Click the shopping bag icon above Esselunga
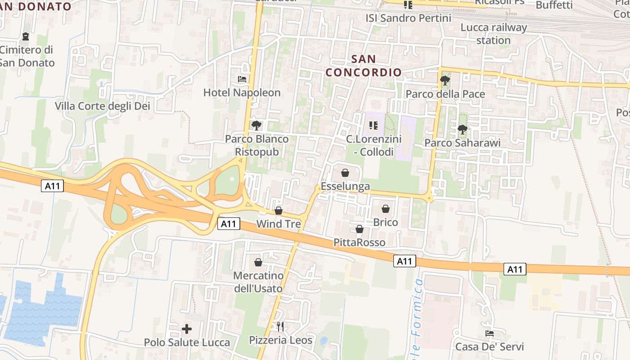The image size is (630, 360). click(x=345, y=173)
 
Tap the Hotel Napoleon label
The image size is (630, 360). click(x=242, y=93)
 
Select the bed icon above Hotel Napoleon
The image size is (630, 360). click(x=242, y=80)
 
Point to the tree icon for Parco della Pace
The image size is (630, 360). click(x=445, y=81)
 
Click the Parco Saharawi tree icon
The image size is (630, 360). click(x=462, y=130)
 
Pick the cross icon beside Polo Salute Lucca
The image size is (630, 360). click(x=187, y=329)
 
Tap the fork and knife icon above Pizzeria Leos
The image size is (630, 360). click(x=280, y=326)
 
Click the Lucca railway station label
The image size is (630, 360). click(x=494, y=34)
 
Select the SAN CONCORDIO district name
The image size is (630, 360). click(x=364, y=66)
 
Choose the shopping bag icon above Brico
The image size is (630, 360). click(x=386, y=209)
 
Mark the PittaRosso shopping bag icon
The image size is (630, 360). click(x=360, y=229)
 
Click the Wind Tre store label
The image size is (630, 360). click(x=279, y=224)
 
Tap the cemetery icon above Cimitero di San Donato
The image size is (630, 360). click(x=26, y=36)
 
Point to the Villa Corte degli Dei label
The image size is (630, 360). click(x=103, y=106)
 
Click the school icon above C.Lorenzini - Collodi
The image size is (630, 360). click(x=373, y=126)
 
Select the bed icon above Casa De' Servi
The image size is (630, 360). click(x=490, y=333)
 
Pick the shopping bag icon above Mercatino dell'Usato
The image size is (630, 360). click(x=258, y=262)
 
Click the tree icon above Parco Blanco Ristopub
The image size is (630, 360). click(x=256, y=125)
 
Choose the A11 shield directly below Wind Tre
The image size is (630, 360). click(x=229, y=224)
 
